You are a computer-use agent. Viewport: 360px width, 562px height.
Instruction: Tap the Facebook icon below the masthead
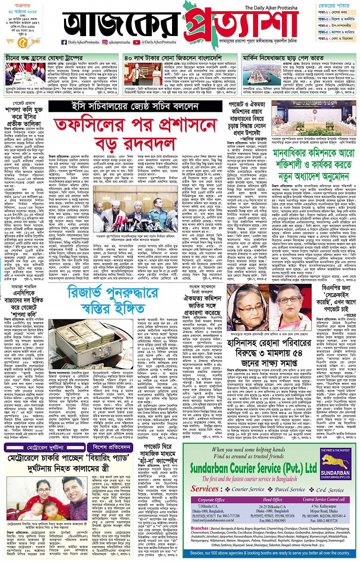(x=64, y=42)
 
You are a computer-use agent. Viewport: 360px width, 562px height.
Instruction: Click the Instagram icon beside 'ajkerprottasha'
(x=106, y=42)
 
